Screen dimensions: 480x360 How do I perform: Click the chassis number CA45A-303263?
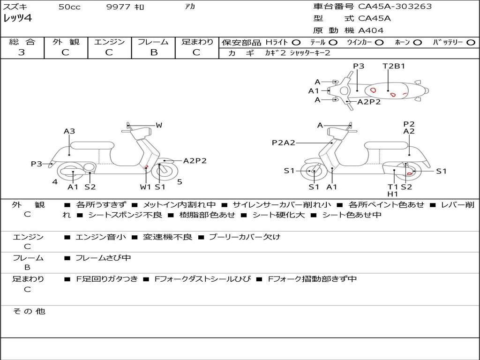pyautogui.click(x=395, y=7)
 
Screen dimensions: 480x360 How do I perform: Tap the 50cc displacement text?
pyautogui.click(x=69, y=7)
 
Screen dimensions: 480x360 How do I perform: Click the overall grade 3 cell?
pyautogui.click(x=22, y=52)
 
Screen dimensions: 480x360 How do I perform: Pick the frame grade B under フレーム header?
pyautogui.click(x=153, y=52)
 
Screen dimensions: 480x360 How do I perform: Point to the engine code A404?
pyautogui.click(x=371, y=30)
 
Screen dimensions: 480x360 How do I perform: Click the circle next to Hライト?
pyautogui.click(x=296, y=42)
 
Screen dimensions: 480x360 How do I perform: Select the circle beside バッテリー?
pyautogui.click(x=471, y=42)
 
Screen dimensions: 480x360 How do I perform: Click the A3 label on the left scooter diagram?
pyautogui.click(x=69, y=131)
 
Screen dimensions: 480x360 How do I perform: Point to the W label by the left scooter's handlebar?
pyautogui.click(x=159, y=125)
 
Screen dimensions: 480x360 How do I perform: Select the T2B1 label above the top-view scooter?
pyautogui.click(x=394, y=66)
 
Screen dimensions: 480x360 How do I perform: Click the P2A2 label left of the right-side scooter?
pyautogui.click(x=284, y=142)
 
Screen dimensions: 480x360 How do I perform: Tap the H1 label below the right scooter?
pyautogui.click(x=393, y=194)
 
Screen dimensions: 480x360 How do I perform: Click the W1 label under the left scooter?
pyautogui.click(x=146, y=187)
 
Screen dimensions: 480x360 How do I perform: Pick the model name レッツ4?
pyautogui.click(x=17, y=19)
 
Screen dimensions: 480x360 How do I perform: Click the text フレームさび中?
pyautogui.click(x=103, y=258)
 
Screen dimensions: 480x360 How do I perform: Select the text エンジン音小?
pyautogui.click(x=101, y=237)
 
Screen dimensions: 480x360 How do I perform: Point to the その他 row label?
pyautogui.click(x=29, y=311)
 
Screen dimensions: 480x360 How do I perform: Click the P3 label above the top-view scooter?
pyautogui.click(x=359, y=66)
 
